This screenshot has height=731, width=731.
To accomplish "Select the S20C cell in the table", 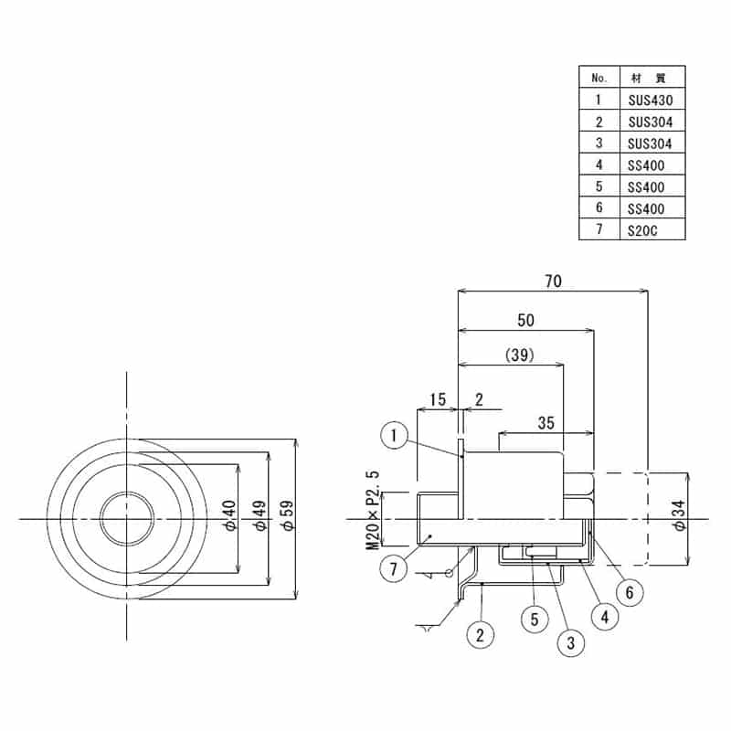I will click(643, 231).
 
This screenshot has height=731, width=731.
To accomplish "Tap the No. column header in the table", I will click(599, 77).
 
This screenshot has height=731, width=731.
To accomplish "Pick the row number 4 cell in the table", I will click(599, 165).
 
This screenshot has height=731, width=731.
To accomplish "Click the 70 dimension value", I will click(553, 281).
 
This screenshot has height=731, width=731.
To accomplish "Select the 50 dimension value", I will click(525, 320).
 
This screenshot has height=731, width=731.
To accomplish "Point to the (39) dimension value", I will click(518, 354).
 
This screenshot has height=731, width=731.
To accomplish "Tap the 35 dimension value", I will click(546, 422).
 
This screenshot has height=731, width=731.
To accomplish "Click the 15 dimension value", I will click(437, 399).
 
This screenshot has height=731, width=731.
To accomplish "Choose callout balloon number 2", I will click(478, 633).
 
